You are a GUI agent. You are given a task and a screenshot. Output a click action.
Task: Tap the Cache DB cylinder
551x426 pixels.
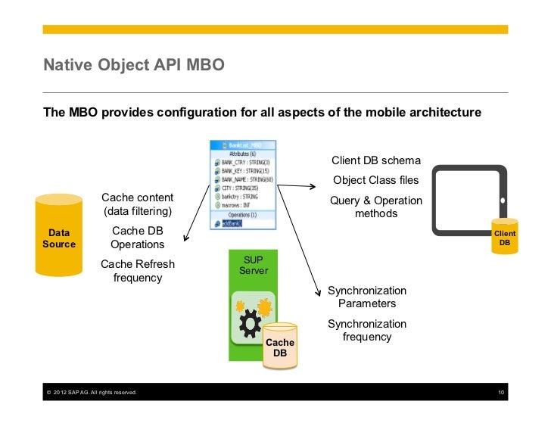[x=280, y=347]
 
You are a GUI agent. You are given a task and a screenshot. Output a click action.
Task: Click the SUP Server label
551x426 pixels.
[x=253, y=265]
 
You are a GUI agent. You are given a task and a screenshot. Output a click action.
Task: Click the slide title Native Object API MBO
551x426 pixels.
[x=134, y=65]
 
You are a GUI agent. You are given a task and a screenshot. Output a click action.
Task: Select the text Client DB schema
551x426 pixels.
[x=375, y=161]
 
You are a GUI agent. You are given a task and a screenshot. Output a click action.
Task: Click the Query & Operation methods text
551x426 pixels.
[x=375, y=207]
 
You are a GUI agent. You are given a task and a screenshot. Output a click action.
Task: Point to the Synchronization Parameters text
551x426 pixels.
[x=367, y=297]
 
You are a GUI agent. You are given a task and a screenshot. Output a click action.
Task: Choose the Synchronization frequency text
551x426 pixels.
[x=367, y=331]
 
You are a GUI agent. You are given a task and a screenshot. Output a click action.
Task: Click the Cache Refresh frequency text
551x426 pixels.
[x=137, y=271]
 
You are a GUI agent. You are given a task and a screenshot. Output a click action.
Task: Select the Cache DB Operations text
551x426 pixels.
[x=137, y=238]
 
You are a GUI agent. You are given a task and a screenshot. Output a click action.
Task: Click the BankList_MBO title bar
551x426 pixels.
[x=242, y=144]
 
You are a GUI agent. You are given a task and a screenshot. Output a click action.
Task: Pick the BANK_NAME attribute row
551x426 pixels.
[x=242, y=179]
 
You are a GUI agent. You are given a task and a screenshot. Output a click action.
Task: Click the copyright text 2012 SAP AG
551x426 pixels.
[x=91, y=392]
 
